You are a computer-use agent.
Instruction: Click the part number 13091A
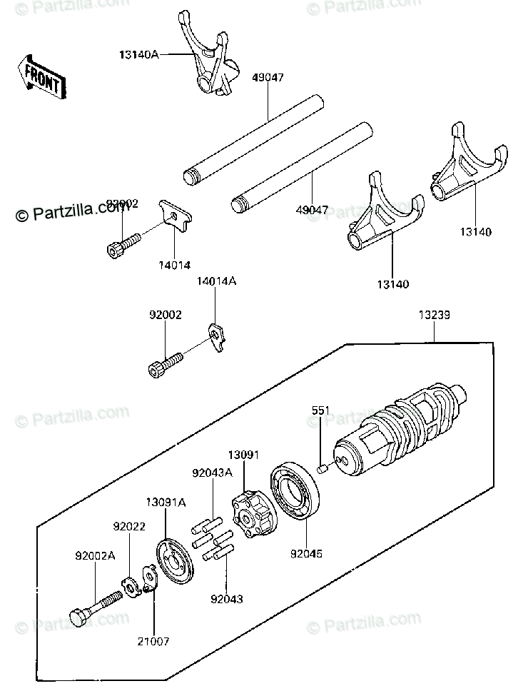coord(166,503)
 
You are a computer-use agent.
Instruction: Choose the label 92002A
coord(96,554)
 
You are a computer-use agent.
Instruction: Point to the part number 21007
coord(154,641)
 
